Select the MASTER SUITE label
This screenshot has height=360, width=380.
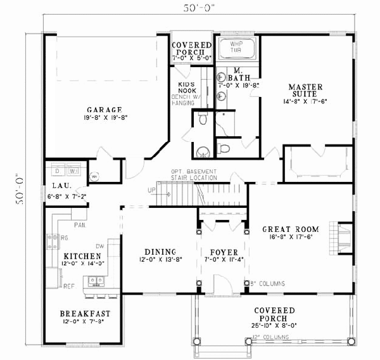[x=305, y=87]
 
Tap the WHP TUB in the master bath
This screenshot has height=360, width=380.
[x=236, y=49]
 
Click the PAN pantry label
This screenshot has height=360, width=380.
[x=80, y=224]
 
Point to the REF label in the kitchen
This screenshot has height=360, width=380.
[x=69, y=286]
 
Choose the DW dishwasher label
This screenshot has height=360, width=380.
[x=99, y=245]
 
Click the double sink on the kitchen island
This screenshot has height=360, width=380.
[x=96, y=280]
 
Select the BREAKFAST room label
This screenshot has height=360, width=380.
[x=85, y=313]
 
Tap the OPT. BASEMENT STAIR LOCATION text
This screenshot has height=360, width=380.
[x=193, y=175]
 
